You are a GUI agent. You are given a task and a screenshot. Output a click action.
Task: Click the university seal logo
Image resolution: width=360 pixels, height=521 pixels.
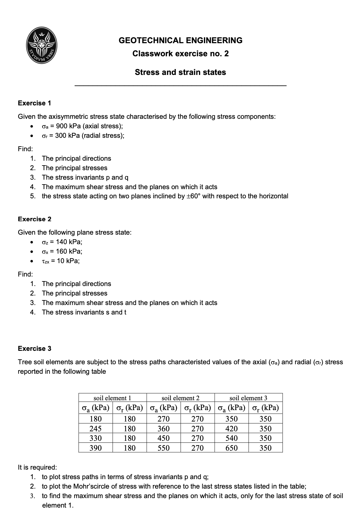pos(42,46)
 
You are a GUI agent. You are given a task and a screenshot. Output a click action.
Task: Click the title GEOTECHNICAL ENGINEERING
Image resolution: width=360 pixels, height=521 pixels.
pos(180,41)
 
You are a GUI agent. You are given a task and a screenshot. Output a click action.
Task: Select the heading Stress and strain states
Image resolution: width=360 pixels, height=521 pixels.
pos(180,72)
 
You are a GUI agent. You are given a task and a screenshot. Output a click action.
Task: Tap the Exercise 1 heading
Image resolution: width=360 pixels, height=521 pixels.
pos(34,103)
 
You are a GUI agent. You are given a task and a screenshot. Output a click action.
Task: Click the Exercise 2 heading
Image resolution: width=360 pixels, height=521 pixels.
pos(34,219)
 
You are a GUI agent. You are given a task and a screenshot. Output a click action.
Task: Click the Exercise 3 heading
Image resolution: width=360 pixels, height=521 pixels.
pos(34,348)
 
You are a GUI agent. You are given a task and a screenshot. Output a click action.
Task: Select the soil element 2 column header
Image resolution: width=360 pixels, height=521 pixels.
pos(180,398)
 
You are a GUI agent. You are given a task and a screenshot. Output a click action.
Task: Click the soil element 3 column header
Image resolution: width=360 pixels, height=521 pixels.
pos(248,398)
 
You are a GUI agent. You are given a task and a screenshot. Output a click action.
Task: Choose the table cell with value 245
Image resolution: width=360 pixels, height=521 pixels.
pos(96,428)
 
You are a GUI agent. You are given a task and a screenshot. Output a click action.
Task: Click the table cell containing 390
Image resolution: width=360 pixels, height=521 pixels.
pos(96,448)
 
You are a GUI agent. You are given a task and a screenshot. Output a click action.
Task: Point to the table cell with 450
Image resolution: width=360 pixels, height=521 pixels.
pos(164,438)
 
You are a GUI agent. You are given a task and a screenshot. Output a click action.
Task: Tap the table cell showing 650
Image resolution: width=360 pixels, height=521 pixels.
pos(232,448)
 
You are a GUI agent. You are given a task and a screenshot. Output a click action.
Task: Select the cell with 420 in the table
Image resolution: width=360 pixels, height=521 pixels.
pos(232,428)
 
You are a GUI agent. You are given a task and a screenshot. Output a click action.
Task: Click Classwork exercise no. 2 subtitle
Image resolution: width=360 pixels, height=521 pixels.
pos(180,54)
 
